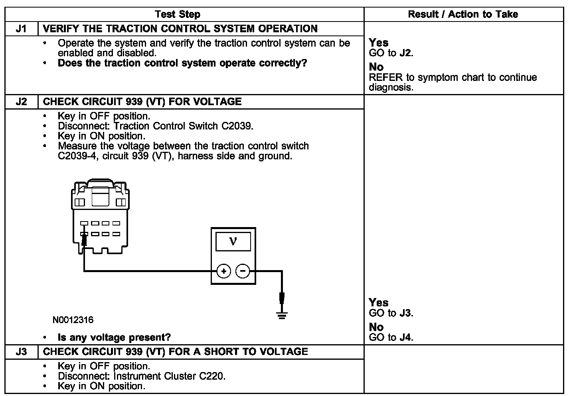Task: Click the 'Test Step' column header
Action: pos(177,15)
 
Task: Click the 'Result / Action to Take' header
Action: pos(463,15)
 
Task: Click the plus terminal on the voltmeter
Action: pos(224,272)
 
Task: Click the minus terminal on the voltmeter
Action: pos(243,272)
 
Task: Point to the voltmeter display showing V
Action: pos(233,241)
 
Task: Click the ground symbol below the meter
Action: pos(282,316)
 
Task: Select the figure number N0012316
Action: pos(73,320)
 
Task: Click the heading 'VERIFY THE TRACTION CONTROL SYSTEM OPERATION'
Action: pos(180,29)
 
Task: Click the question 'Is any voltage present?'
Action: pos(114,338)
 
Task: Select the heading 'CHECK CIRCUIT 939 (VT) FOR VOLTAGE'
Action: pos(142,102)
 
